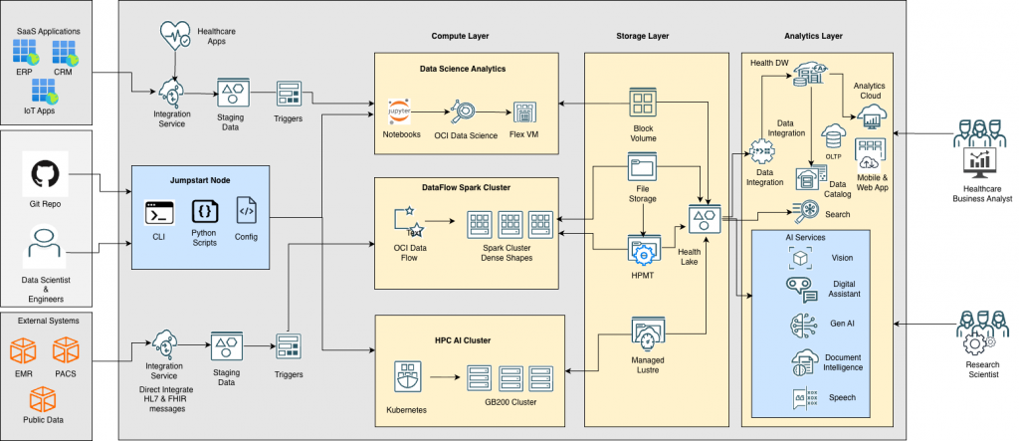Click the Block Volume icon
643,104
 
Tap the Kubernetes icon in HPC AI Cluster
407,378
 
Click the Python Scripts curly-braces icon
203,211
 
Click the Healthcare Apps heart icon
175,38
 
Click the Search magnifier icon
804,210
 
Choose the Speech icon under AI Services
801,397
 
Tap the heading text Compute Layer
461,37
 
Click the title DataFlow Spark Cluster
468,187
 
